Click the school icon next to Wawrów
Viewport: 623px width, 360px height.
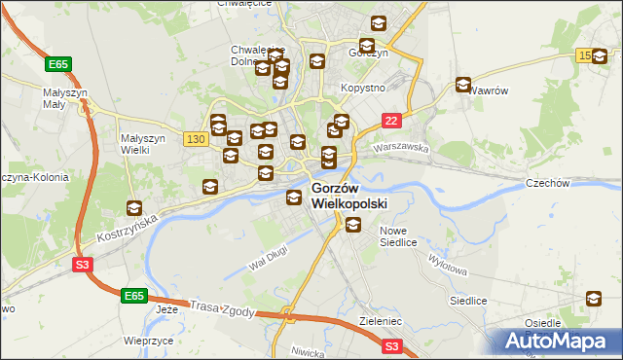coord(463,85)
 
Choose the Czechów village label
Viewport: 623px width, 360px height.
coord(573,183)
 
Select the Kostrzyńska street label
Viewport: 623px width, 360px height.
coord(127,231)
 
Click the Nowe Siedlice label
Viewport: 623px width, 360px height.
coord(404,236)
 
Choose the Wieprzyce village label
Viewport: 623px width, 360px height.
coord(149,342)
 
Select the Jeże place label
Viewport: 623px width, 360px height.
coord(166,308)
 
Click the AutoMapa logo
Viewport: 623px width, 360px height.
coord(558,341)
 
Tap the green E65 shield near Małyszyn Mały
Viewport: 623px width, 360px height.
coord(57,64)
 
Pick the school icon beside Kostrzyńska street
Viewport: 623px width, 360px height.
coord(133,208)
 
